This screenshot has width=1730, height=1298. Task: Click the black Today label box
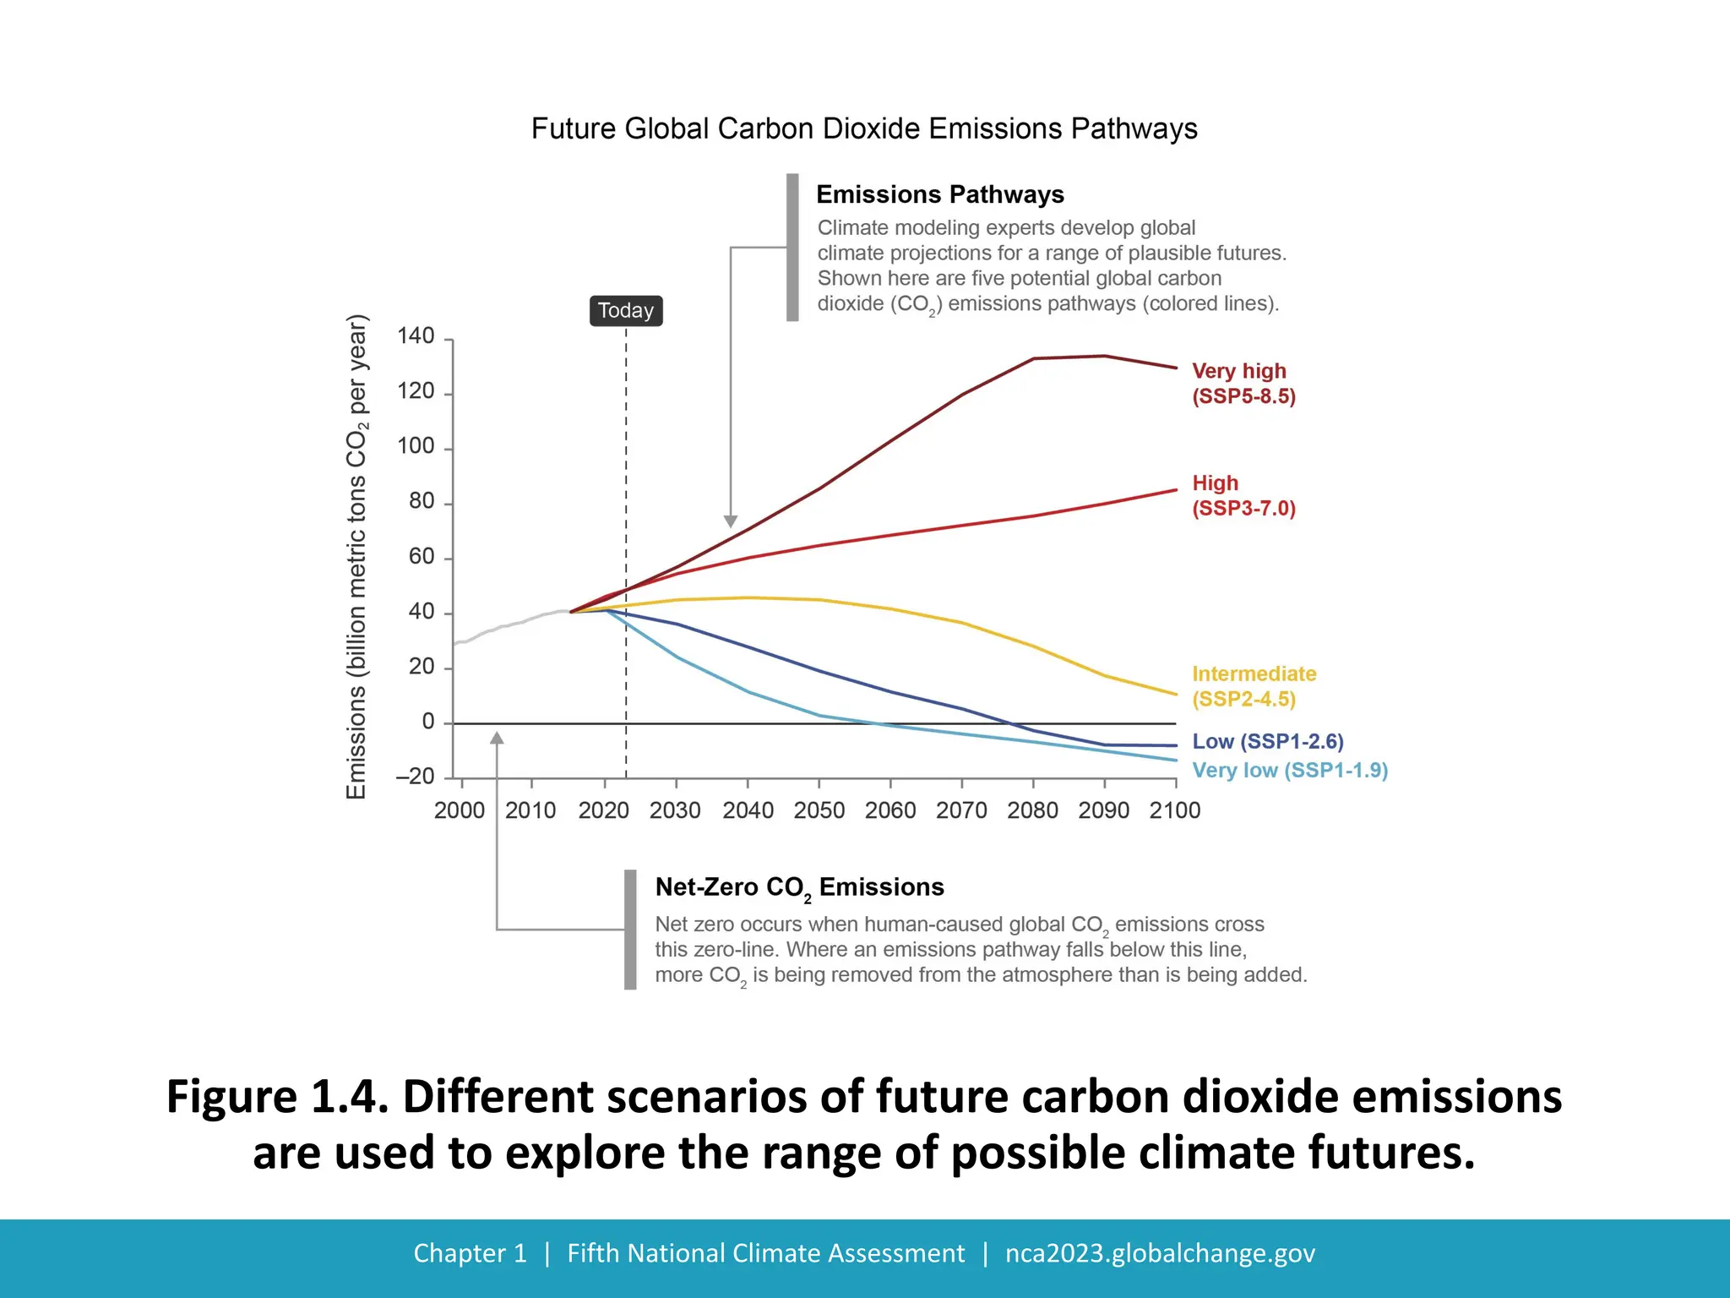click(x=626, y=311)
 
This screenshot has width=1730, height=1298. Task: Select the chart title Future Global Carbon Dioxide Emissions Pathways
click(x=864, y=129)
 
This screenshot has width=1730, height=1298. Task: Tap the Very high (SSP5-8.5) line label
click(x=1243, y=384)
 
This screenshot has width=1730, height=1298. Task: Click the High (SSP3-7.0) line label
click(x=1243, y=495)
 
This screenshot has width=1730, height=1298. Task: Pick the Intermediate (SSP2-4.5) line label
click(x=1254, y=686)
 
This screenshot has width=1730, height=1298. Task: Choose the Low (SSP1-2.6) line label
click(x=1267, y=741)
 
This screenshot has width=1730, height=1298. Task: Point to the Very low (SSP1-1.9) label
click(x=1290, y=770)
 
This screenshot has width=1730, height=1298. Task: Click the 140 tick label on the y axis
click(x=416, y=336)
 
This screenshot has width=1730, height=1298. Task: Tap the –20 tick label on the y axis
click(x=415, y=776)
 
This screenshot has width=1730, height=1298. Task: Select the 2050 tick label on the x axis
click(x=819, y=810)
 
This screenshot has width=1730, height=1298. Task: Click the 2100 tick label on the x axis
click(x=1175, y=810)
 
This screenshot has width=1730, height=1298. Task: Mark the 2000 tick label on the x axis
click(x=460, y=810)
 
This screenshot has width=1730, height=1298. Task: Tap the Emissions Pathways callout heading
click(x=939, y=194)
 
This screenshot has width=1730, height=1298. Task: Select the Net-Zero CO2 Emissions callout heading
click(x=799, y=887)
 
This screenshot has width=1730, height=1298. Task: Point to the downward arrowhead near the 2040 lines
click(x=731, y=521)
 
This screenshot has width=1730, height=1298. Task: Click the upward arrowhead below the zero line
click(x=497, y=739)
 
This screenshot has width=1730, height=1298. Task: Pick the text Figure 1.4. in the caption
click(x=277, y=1097)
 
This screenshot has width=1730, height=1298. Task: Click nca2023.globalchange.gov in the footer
click(x=1160, y=1253)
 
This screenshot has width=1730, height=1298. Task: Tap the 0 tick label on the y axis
click(x=428, y=722)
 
